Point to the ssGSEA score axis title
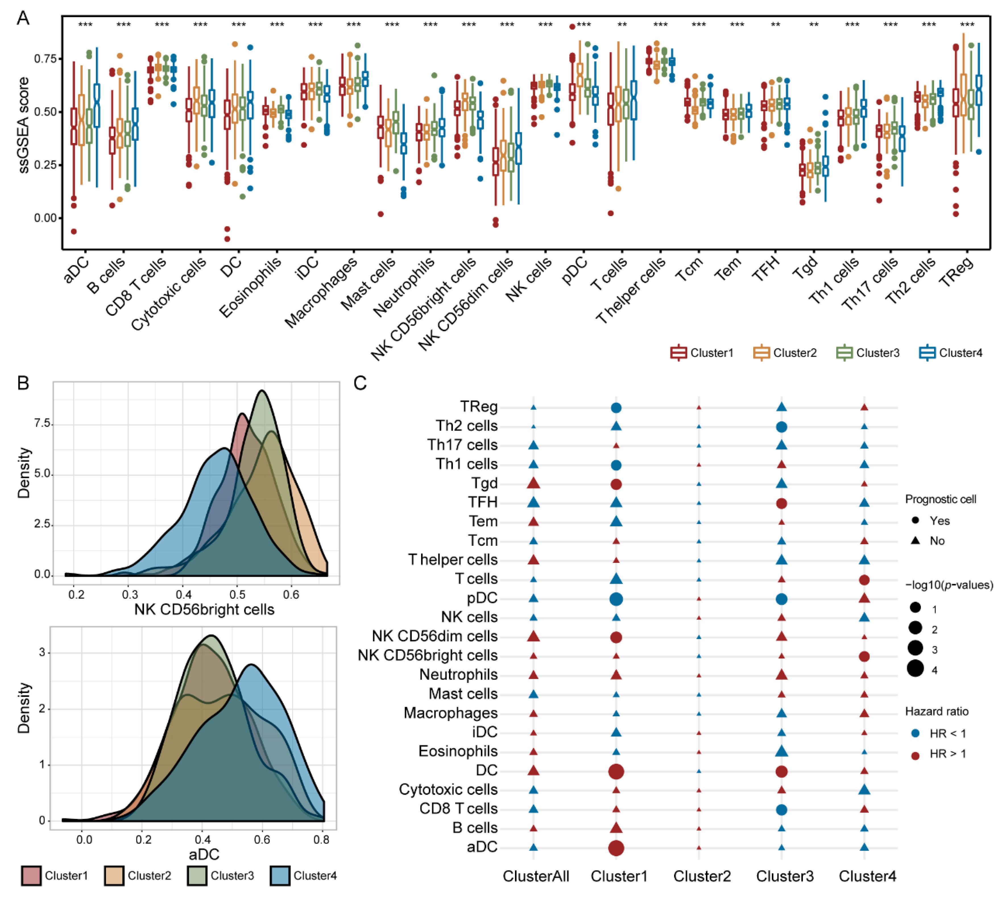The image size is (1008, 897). (24, 125)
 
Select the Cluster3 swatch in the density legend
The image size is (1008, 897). (196, 875)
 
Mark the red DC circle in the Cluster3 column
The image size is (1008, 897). (781, 771)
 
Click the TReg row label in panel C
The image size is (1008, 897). (478, 407)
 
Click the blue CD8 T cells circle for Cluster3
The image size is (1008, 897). (781, 810)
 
